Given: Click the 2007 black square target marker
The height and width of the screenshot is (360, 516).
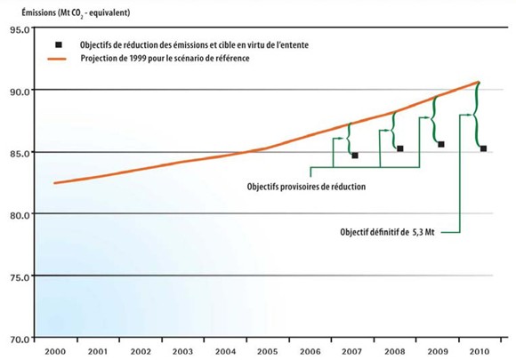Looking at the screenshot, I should coord(355,156).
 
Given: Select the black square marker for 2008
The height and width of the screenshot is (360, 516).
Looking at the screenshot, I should coord(400,148).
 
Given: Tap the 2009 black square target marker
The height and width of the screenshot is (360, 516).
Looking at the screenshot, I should coord(441,144).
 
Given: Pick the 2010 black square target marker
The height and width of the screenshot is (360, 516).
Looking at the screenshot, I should coord(483,148).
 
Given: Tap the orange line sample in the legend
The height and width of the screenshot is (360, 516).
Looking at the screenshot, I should coord(58,59).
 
